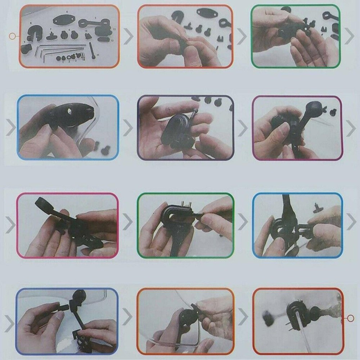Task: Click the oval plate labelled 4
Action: click(62, 20)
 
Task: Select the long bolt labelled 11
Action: click(93, 50)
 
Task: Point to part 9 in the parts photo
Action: click(26, 48)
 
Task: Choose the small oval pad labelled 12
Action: click(104, 39)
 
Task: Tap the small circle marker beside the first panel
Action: click(13, 36)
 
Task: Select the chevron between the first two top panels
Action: click(128, 36)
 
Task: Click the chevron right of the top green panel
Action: click(350, 36)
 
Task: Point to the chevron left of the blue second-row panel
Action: click(10, 127)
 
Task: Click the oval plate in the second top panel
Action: click(206, 13)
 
